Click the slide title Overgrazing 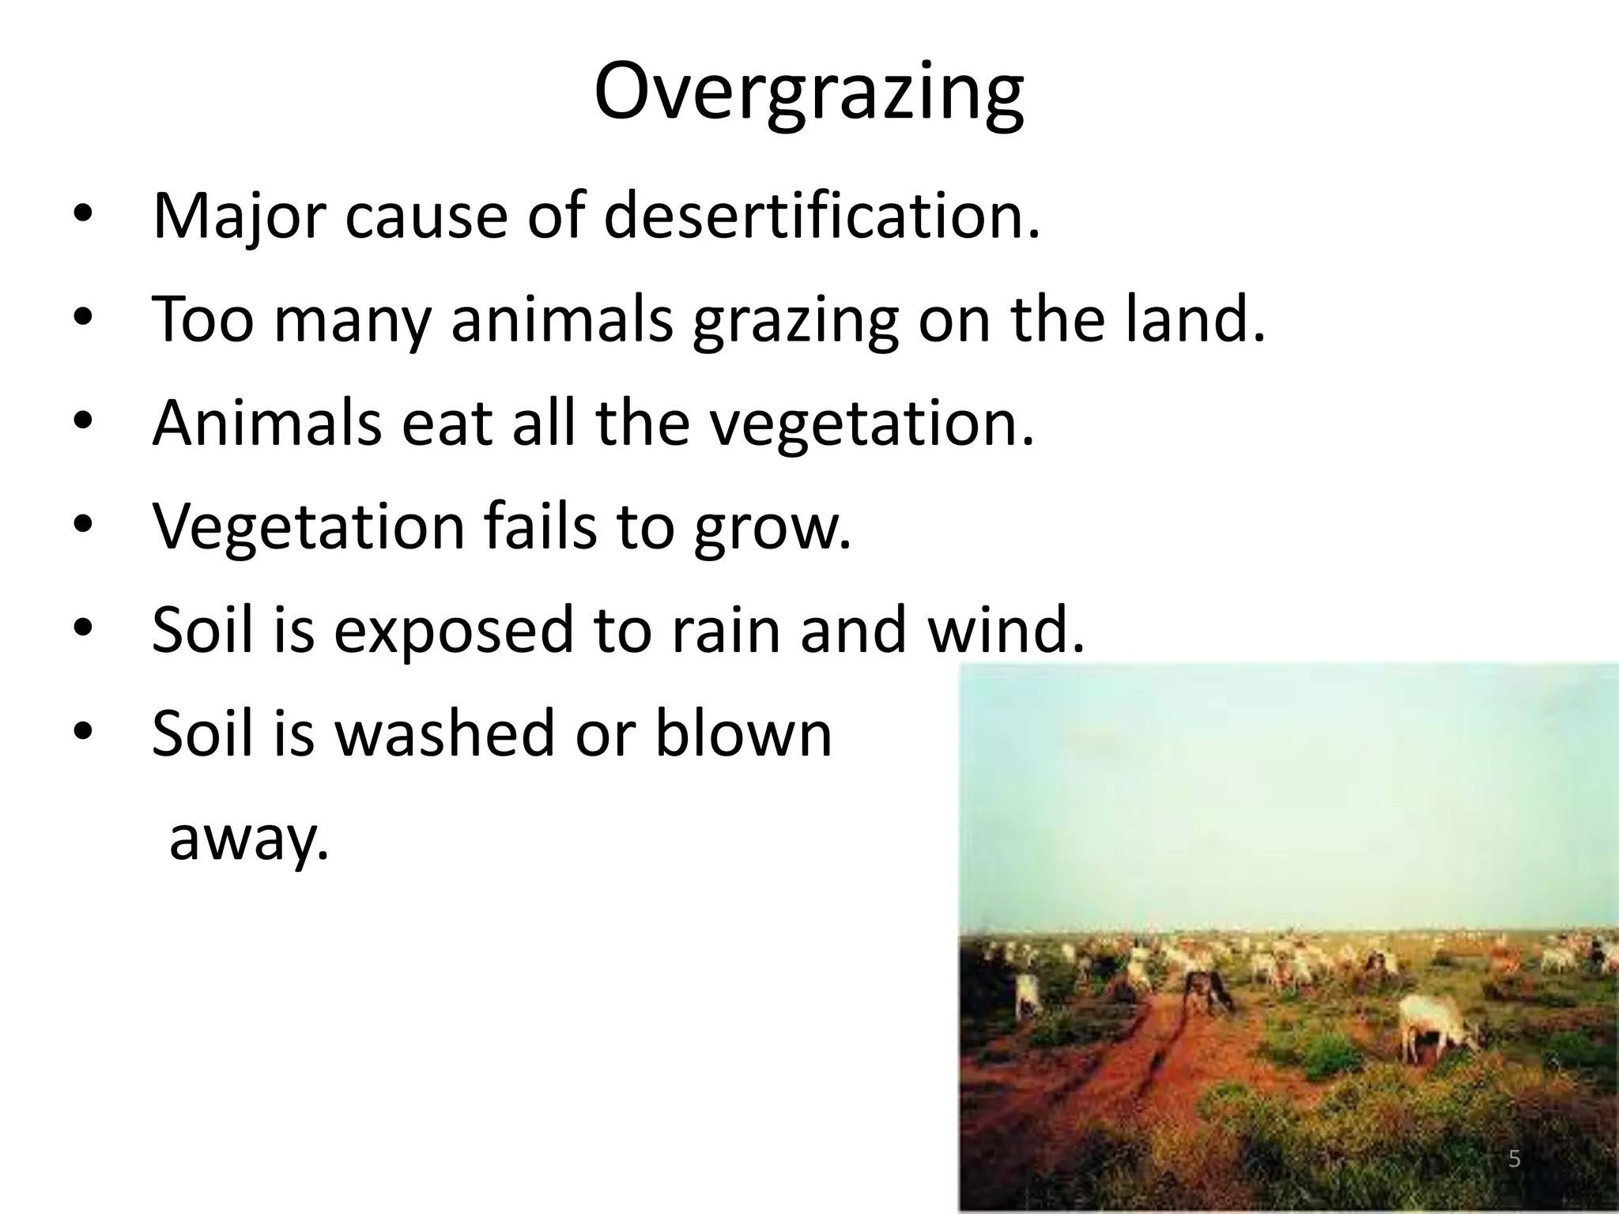pos(809,94)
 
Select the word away pos(248,839)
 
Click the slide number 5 pos(1514,1159)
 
